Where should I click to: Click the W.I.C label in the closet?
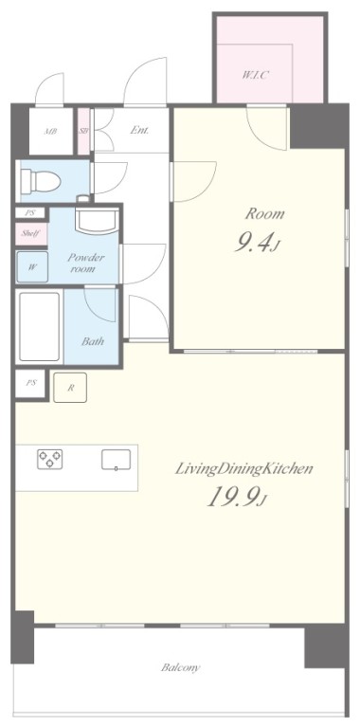coord(255,75)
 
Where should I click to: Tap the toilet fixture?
coord(41,180)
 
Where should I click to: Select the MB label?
coord(50,132)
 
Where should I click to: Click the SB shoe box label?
coord(83,131)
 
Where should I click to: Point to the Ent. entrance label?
coord(139,131)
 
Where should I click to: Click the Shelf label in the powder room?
coord(30,233)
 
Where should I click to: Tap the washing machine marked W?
coord(32,267)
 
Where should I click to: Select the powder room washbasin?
coord(97,222)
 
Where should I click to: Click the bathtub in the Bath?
coord(40,326)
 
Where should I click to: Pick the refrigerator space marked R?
coord(70,388)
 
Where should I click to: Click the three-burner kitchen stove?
coord(50,459)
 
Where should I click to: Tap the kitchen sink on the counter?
coord(116,460)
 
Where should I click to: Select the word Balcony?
coord(181,667)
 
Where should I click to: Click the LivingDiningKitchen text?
coord(243,468)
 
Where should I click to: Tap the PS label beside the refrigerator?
coord(30,383)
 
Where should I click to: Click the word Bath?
coord(93,341)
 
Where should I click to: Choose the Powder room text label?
coord(86,263)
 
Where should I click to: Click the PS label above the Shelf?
coord(30,213)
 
